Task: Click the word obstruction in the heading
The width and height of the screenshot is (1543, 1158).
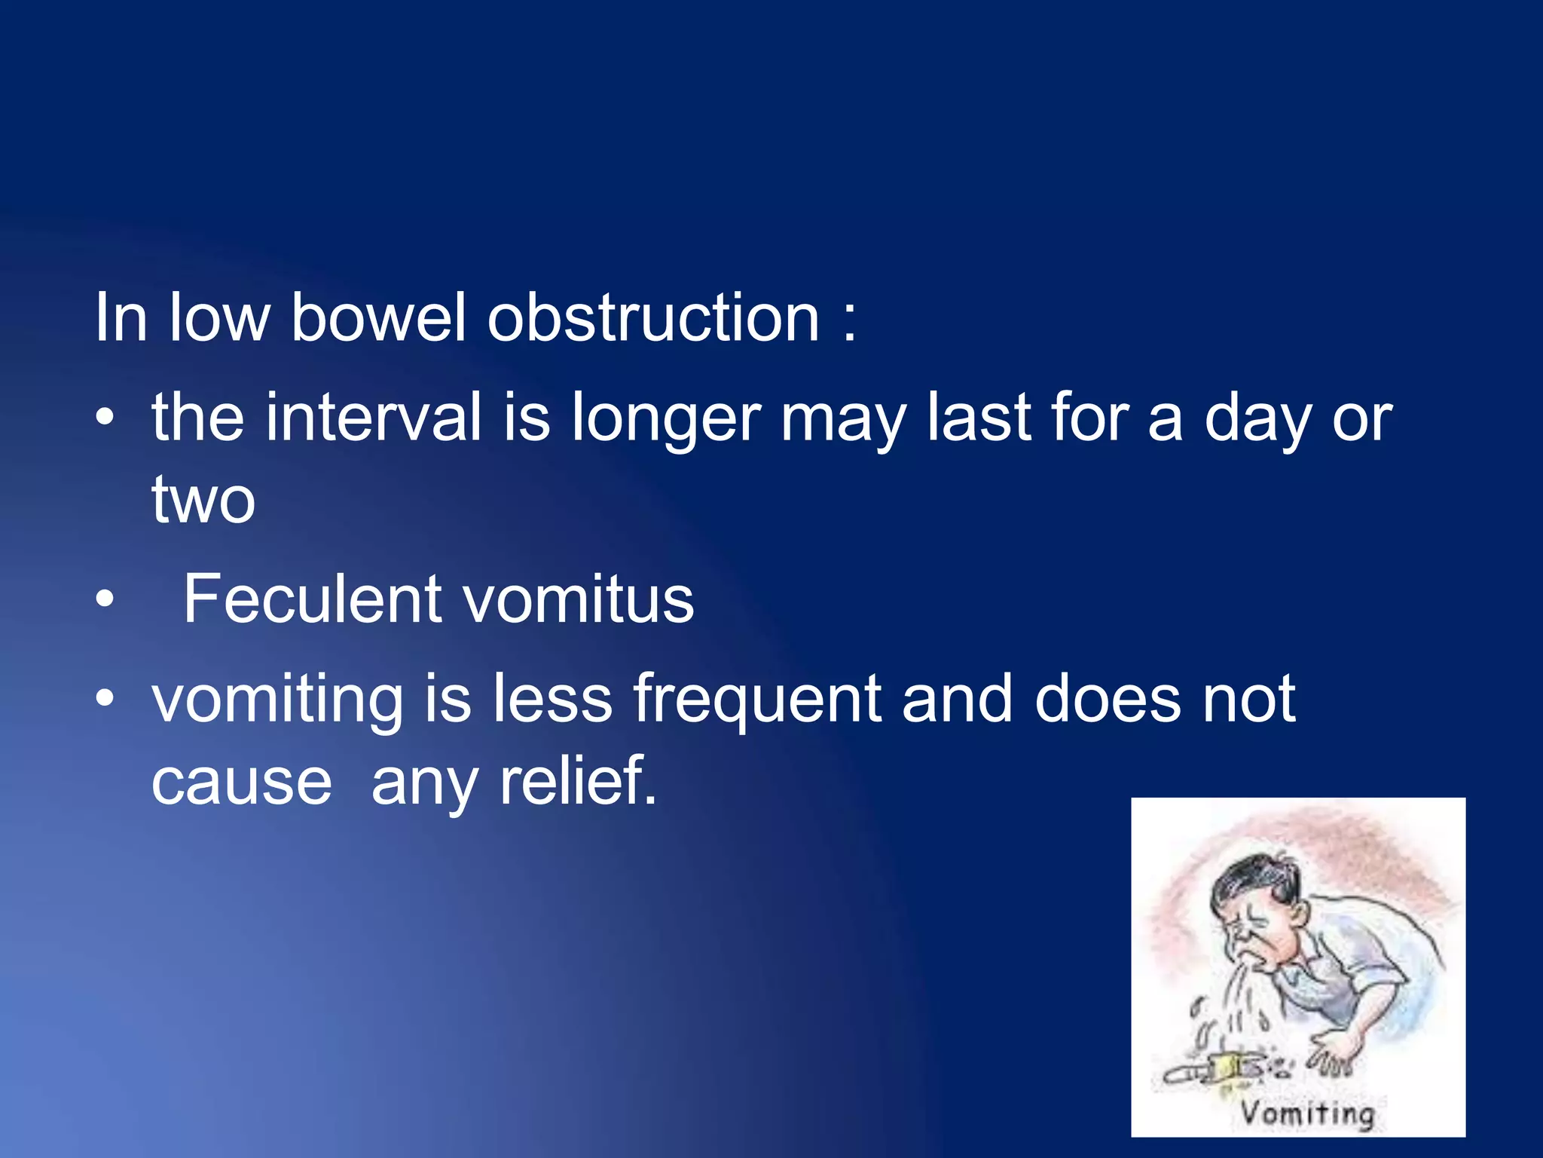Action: pyautogui.click(x=653, y=319)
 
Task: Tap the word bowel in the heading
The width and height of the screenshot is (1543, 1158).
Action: pyautogui.click(x=378, y=319)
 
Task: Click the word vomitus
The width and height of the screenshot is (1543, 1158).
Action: pyautogui.click(x=578, y=601)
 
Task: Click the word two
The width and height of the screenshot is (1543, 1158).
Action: pyautogui.click(x=203, y=500)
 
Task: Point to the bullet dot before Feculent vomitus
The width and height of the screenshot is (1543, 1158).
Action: pyautogui.click(x=105, y=601)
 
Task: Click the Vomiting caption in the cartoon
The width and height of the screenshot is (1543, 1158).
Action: pyautogui.click(x=1308, y=1114)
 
